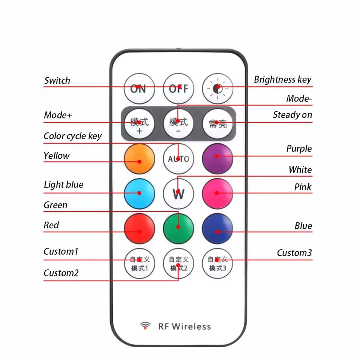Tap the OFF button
[x=178, y=88]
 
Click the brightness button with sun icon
[x=217, y=88]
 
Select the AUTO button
[x=178, y=159]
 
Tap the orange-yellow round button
[x=139, y=159]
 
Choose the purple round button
[x=217, y=159]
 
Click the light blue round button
[x=139, y=193]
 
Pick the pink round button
[x=217, y=193]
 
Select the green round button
[x=178, y=229]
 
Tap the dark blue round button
[x=217, y=229]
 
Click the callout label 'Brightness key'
[x=283, y=79]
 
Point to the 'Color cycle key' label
[x=72, y=136]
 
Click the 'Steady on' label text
[x=292, y=115]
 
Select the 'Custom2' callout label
[x=61, y=273]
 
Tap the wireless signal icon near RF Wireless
[x=145, y=325]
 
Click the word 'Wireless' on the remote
[x=191, y=326]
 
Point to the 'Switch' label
[x=57, y=81]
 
